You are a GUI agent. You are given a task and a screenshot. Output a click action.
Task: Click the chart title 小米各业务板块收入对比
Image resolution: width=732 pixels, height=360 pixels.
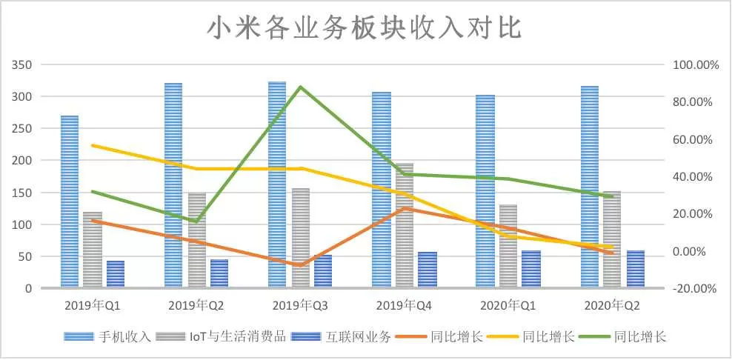(x=364, y=30)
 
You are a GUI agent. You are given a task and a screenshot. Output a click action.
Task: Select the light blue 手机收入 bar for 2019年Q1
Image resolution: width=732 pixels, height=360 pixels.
(x=70, y=201)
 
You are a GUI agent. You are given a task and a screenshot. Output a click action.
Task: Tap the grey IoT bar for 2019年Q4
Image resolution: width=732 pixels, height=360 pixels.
(x=405, y=225)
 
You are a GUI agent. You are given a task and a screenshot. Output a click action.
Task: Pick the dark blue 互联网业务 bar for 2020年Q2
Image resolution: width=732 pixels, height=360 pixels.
(x=636, y=269)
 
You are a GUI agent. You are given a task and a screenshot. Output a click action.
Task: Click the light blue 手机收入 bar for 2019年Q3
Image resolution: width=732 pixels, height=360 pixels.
(x=277, y=184)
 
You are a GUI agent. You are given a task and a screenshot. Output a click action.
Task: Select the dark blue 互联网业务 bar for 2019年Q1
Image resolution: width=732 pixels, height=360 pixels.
(x=116, y=274)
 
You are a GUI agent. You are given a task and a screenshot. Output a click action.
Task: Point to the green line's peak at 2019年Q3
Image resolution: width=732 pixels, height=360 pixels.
(x=300, y=87)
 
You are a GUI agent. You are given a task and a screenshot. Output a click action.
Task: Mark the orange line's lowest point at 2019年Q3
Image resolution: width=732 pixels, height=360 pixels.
(x=300, y=265)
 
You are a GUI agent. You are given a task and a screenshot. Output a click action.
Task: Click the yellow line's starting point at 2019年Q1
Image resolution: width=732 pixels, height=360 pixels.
(x=93, y=146)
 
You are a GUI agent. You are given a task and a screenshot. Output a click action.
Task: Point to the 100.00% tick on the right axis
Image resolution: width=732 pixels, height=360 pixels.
(x=694, y=65)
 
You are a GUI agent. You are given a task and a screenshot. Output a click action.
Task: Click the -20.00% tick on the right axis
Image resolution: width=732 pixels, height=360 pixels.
(x=694, y=289)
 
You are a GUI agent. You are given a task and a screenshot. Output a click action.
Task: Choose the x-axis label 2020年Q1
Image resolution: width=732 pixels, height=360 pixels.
(x=508, y=306)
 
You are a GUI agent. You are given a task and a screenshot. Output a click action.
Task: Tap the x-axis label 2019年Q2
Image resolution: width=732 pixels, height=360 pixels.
(x=196, y=306)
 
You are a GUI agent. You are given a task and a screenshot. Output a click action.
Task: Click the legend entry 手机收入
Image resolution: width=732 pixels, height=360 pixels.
(x=107, y=337)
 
